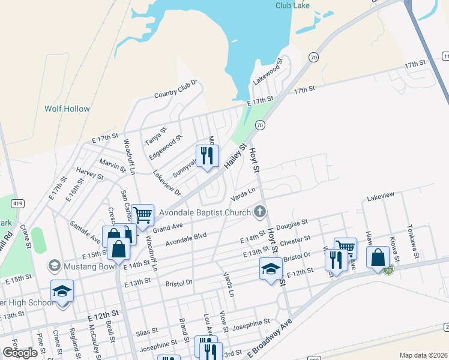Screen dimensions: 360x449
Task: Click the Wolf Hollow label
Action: coord(67,109)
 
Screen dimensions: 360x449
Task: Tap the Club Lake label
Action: coord(292,5)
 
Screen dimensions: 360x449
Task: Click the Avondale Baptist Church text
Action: coord(204,212)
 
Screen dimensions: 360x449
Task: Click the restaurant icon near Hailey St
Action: coord(207,156)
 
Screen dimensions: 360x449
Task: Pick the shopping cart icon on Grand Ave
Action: coord(143,214)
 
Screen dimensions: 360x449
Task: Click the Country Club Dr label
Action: coord(176,89)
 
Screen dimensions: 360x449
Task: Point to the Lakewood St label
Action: coord(268,71)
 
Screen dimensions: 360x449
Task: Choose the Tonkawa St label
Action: coord(412,239)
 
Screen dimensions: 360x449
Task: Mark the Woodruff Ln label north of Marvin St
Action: coord(129,156)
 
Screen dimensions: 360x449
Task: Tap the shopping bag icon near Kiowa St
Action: coord(378,257)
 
